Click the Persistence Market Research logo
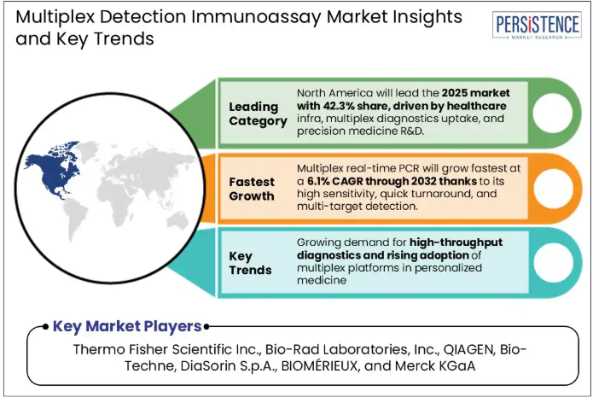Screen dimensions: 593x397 pos(537,25)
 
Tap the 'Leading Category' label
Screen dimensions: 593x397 pos(258,114)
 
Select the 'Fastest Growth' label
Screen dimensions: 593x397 pos(252,189)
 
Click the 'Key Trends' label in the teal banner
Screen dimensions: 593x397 pos(250,263)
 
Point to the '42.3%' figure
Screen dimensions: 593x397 pos(334,106)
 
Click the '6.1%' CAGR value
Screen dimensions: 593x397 pos(317,181)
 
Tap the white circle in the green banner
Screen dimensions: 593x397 pos(553,113)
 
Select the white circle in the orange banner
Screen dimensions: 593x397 pos(553,189)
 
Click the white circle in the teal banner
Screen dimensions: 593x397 pos(553,263)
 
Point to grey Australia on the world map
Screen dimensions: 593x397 pos(177,220)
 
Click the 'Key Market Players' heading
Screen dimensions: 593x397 pos(127,326)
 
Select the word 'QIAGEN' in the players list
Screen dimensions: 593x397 pos(469,349)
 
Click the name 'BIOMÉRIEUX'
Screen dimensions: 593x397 pos(320,366)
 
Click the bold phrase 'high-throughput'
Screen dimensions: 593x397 pos(456,242)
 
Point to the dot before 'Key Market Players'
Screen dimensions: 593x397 pos(45,327)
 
